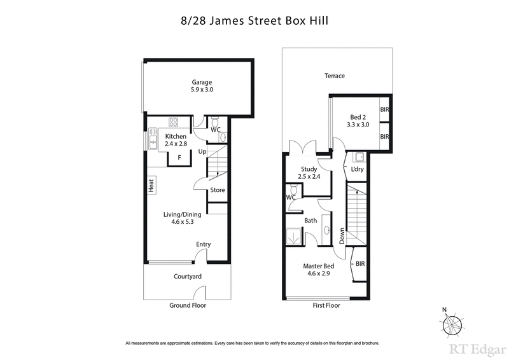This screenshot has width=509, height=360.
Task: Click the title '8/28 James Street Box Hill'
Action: pos(254,20)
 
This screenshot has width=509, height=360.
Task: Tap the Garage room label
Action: pos(202,86)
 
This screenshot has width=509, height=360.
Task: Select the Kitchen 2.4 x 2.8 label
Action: pos(176,141)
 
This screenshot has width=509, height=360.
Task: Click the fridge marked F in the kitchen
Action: pos(179,156)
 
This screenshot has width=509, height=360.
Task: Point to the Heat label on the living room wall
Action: pos(151,186)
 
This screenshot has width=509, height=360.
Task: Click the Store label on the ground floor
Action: pos(218,190)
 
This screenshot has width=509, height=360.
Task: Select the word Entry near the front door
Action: pos(203,244)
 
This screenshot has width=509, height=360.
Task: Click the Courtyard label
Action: pos(188,277)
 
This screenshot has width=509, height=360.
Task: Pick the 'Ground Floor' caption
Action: pos(188,305)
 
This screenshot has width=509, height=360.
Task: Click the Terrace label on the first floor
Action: pos(335,76)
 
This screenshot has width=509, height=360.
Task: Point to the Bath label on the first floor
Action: pos(310,221)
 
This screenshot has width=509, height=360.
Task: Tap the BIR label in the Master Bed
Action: pos(360,263)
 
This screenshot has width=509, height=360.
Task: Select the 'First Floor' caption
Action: pos(326,305)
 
